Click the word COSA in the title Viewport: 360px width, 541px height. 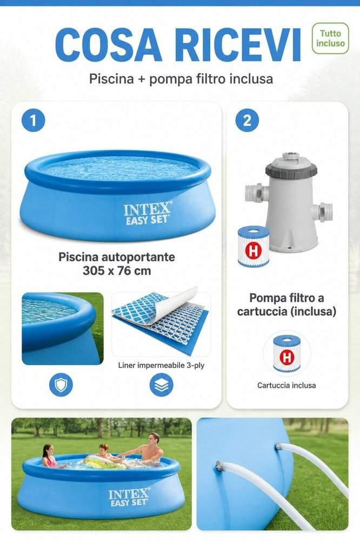click(108, 45)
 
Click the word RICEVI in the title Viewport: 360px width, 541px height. click(238, 45)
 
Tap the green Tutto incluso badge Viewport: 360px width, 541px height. click(330, 38)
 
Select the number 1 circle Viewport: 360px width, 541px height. click(33, 120)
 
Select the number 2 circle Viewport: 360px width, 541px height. click(247, 120)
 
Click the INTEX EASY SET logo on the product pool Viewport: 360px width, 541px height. click(147, 214)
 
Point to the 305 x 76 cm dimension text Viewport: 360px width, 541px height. click(117, 270)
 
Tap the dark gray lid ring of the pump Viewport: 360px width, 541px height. click(291, 169)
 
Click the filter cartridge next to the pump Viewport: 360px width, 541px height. click(254, 247)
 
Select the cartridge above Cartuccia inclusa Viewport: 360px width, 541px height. click(287, 354)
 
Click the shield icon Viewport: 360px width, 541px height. click(61, 384)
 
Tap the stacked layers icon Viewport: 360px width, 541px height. click(162, 384)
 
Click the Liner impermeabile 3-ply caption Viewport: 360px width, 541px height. click(162, 365)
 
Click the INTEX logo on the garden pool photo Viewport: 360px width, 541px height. click(129, 497)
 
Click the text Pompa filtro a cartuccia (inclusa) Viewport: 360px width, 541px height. click(286, 304)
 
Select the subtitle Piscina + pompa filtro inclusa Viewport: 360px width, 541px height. click(181, 78)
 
